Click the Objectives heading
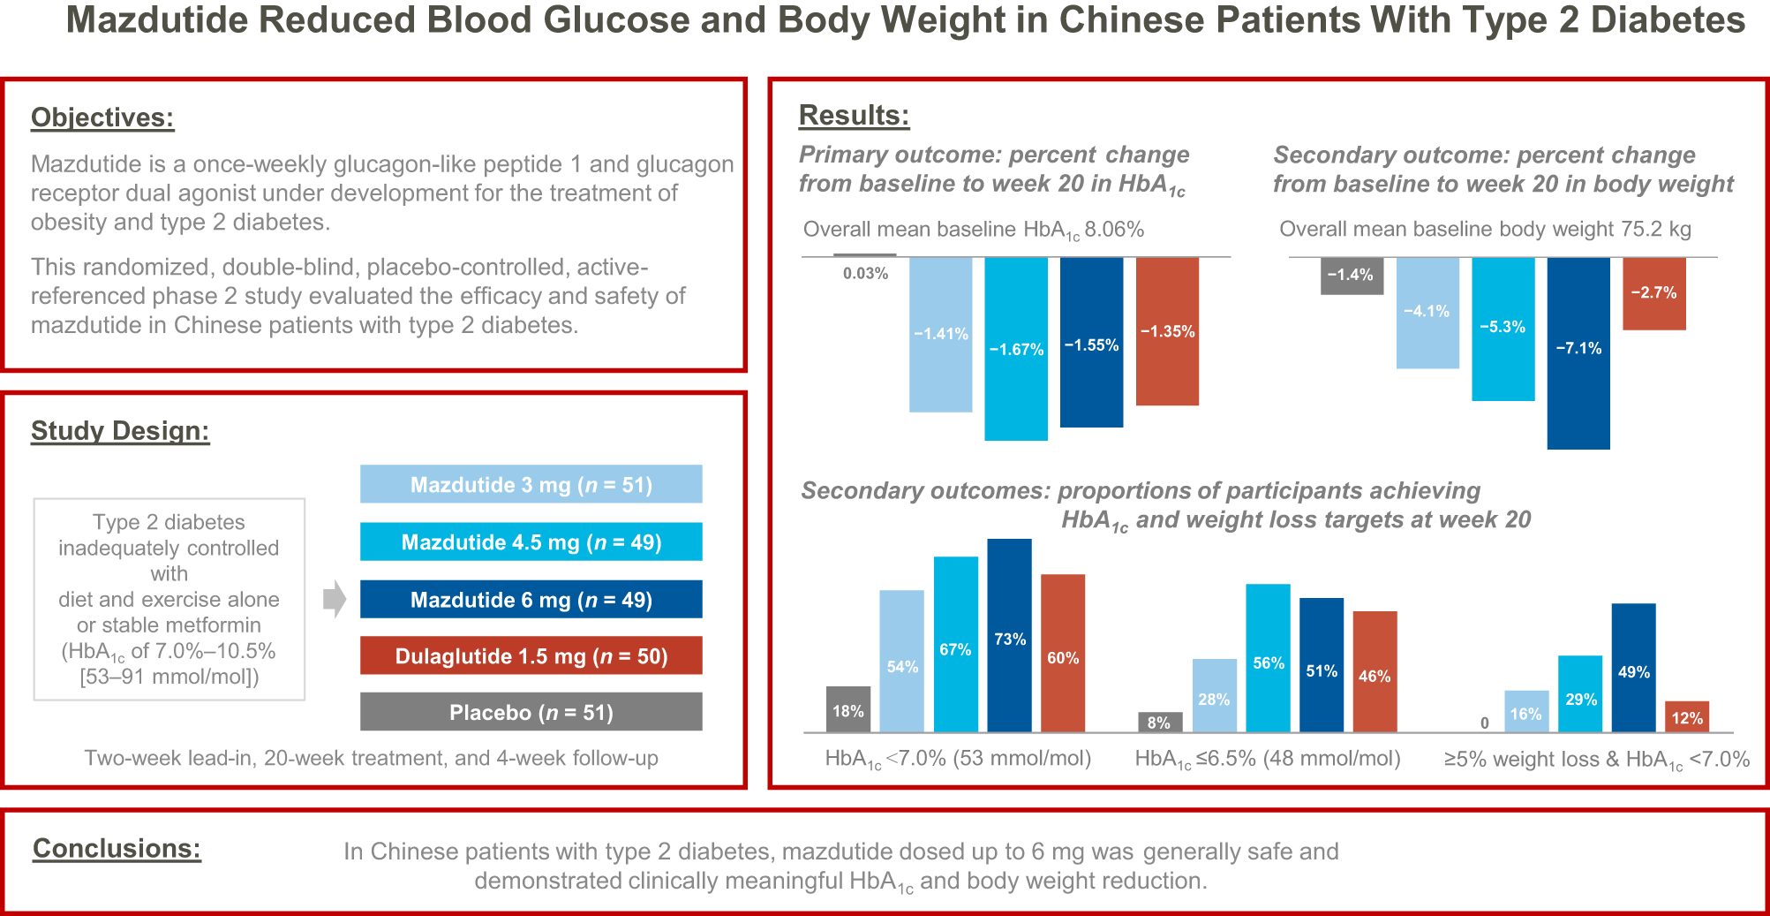point(102,117)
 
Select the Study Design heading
point(120,431)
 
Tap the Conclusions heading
point(117,849)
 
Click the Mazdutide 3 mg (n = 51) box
point(531,484)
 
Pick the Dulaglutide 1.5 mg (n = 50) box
point(531,655)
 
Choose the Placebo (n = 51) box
point(531,712)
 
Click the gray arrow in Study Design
point(334,599)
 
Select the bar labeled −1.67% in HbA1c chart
point(1015,349)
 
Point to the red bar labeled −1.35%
point(1167,331)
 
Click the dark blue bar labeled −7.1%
point(1578,353)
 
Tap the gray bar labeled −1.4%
point(1352,275)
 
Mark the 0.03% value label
point(865,274)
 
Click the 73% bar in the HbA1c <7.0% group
point(1009,636)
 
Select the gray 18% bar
point(847,709)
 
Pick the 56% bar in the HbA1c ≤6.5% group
point(1268,658)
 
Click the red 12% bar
point(1686,717)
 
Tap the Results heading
point(854,116)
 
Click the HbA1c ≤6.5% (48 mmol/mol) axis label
point(1267,759)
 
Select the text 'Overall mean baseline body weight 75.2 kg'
point(1485,230)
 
